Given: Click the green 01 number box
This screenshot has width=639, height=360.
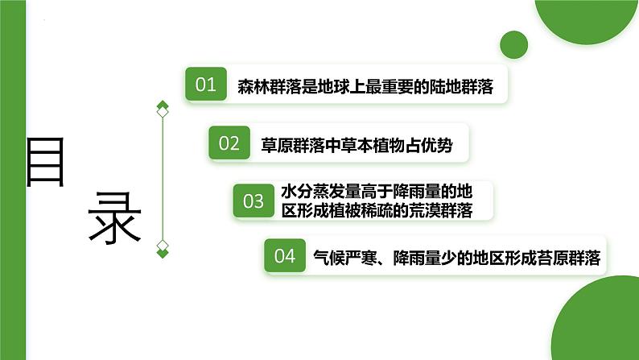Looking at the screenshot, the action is (x=206, y=85).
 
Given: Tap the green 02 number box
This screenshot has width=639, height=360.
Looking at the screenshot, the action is (x=229, y=143).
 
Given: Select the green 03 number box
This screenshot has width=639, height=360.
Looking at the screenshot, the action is (x=253, y=201).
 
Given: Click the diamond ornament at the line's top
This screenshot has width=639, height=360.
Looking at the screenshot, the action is (x=163, y=109).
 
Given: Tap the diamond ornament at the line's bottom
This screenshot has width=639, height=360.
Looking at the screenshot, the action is (x=163, y=248).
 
